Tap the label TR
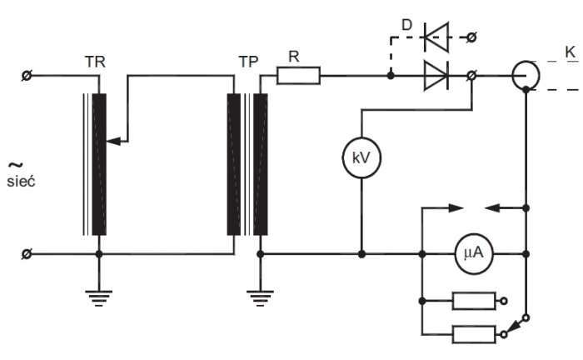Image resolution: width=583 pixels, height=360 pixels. coord(95,62)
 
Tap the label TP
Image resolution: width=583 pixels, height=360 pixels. coord(248,62)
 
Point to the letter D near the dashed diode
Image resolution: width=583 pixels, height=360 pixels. coord(406,25)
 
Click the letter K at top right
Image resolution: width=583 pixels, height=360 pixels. coord(571,52)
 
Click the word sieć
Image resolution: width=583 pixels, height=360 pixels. coord(21,182)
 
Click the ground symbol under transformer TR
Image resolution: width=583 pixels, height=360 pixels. coord(98,298)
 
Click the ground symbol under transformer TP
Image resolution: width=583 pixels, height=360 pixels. coord(260,298)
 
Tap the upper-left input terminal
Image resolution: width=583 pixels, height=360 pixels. coord(27,76)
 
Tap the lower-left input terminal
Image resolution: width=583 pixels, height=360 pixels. coord(27,254)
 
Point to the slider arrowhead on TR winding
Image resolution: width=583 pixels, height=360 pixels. coord(113,142)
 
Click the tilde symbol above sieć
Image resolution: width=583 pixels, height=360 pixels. coord(16,164)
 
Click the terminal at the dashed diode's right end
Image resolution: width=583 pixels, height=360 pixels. coord(471,37)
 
